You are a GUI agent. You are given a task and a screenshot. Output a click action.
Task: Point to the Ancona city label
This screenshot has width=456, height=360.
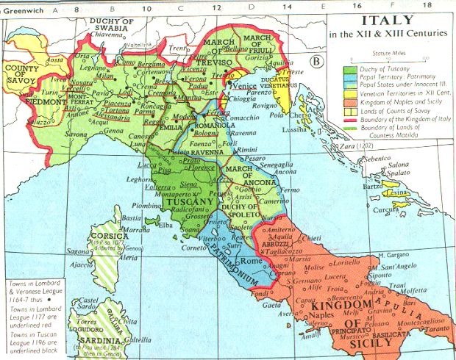coord(285,171)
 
